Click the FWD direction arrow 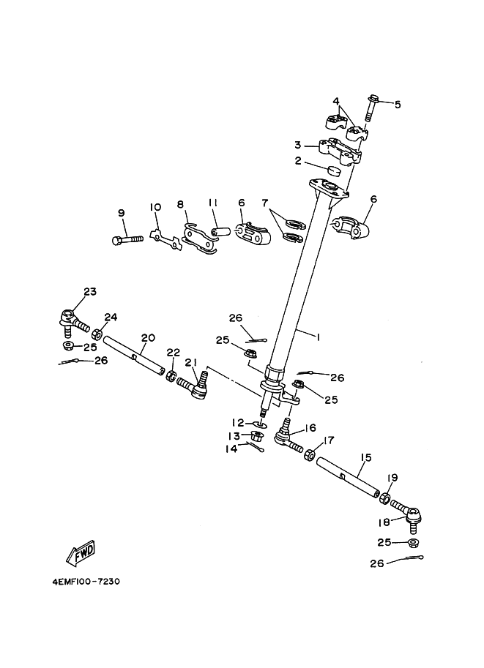coord(81,552)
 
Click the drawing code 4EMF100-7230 coord(86,581)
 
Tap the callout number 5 coord(398,105)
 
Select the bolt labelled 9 coord(127,239)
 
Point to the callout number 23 coord(90,291)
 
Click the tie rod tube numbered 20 coord(134,354)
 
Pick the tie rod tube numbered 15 coord(348,476)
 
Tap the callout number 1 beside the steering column coord(317,337)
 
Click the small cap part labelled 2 coord(334,170)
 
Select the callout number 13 coord(234,436)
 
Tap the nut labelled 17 coord(309,454)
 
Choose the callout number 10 coord(155,207)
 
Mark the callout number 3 coord(298,146)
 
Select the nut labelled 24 coord(97,333)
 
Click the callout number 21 coord(190,362)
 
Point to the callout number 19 coord(392,478)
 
